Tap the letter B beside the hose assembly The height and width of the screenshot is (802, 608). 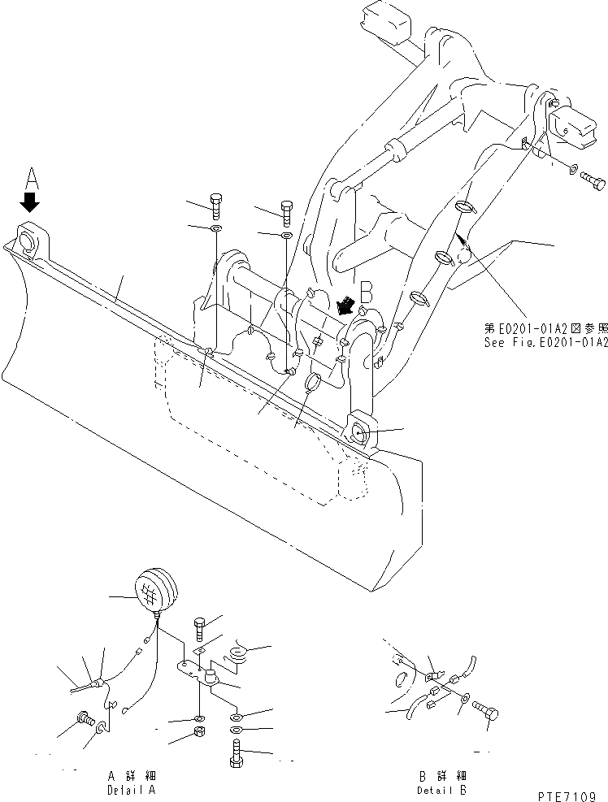[366, 291]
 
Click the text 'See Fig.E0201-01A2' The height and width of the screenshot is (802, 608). [545, 344]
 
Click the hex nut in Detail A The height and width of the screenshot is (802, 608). [200, 736]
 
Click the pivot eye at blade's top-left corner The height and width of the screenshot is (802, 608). [29, 241]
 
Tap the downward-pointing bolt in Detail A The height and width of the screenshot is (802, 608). [200, 629]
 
